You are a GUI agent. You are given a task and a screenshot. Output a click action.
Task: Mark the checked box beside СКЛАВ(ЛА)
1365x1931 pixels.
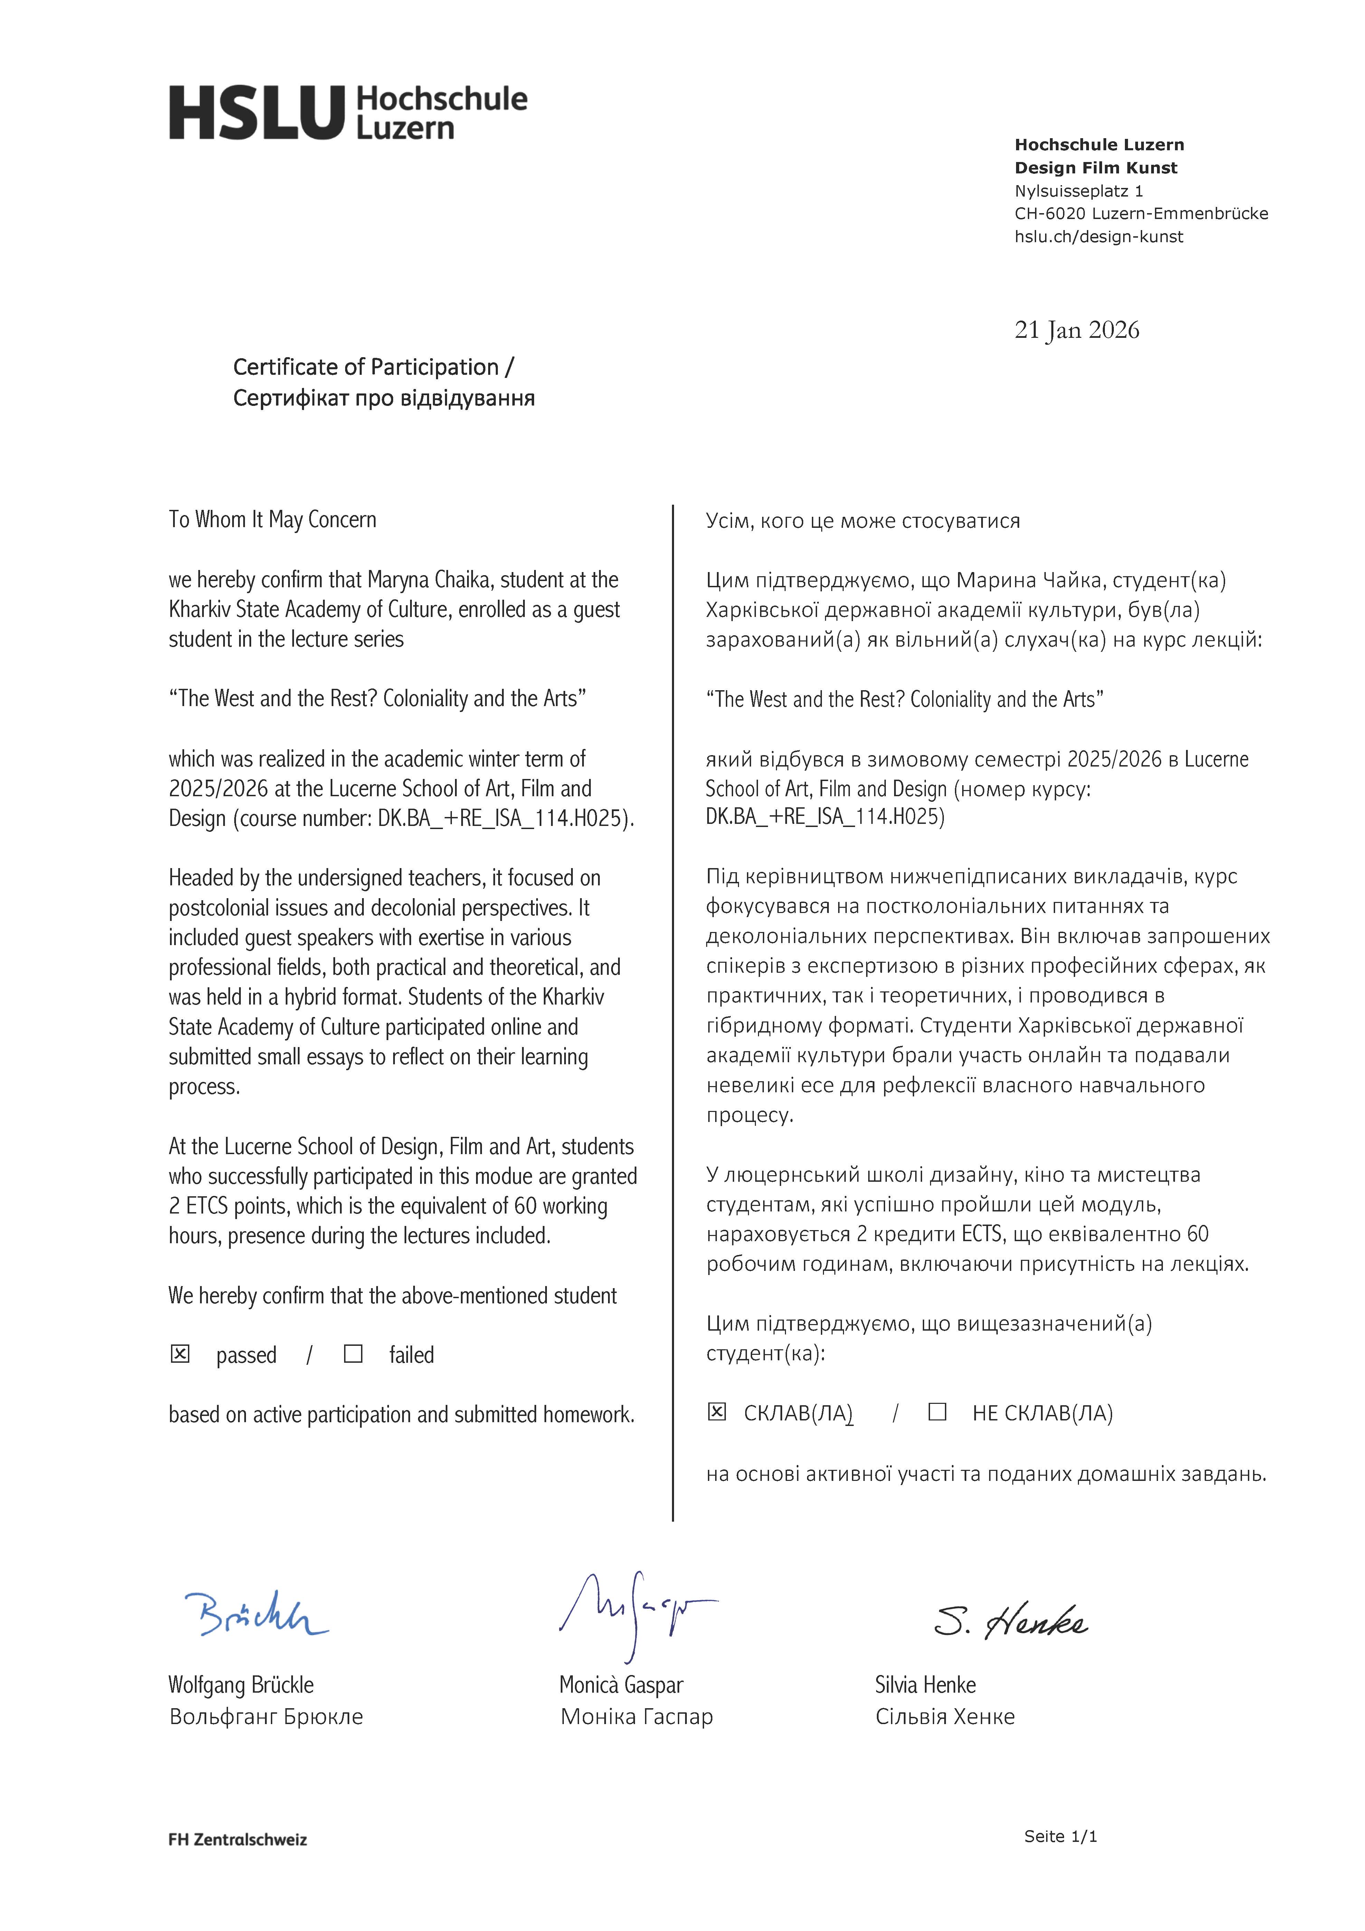tap(717, 1412)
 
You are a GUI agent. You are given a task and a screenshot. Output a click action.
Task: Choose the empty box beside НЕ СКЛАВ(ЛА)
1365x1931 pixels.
tap(937, 1412)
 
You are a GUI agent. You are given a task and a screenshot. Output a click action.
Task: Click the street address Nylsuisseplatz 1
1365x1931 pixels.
tap(1078, 191)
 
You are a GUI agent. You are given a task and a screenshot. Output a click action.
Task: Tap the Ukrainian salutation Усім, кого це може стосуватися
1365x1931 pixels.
tap(862, 521)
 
